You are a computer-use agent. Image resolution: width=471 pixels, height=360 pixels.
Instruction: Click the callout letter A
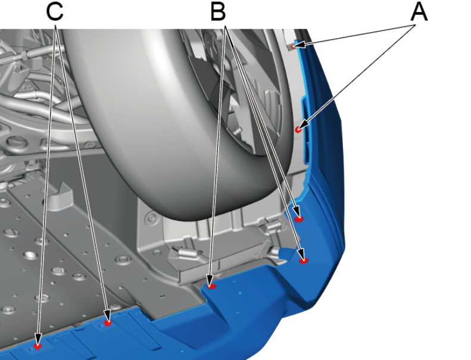[x=419, y=12]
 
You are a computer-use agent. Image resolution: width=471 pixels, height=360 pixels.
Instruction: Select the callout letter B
[x=218, y=12]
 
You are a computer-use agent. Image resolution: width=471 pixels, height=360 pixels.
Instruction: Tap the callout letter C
[x=55, y=12]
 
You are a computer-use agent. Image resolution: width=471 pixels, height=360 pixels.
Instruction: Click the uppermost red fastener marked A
[x=294, y=46]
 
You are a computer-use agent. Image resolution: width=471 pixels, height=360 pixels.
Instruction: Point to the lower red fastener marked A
[x=298, y=129]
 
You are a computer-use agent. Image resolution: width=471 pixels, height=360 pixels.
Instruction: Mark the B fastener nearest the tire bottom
[x=298, y=219]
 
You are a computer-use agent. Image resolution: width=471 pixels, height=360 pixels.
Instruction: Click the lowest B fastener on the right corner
[x=304, y=260]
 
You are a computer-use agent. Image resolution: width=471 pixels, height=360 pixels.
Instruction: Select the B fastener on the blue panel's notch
[x=212, y=286]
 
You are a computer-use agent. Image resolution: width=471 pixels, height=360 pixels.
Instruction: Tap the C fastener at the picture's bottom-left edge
[x=38, y=346]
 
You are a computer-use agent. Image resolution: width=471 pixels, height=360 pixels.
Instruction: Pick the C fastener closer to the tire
[x=108, y=323]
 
